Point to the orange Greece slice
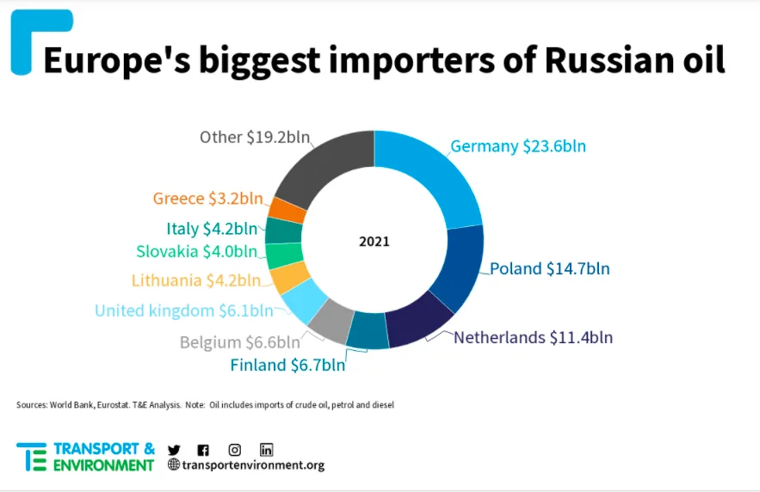click(287, 210)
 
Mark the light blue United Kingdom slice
click(304, 300)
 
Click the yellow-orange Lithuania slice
click(289, 278)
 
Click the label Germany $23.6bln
click(518, 146)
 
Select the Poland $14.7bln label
click(549, 268)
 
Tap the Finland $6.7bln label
click(287, 365)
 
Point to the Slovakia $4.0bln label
click(196, 252)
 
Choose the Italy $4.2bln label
click(211, 229)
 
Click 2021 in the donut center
click(374, 242)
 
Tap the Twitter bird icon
click(174, 449)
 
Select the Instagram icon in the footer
click(234, 449)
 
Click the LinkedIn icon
click(266, 449)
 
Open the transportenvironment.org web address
click(252, 465)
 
